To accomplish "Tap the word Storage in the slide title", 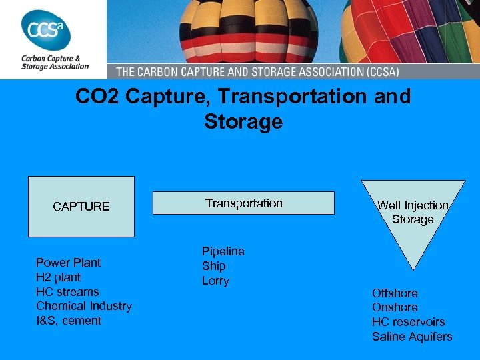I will (243, 122).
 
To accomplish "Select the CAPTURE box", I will (81, 207).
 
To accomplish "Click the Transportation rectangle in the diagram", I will (243, 203).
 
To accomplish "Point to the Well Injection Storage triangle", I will (413, 213).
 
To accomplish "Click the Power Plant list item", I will (68, 263).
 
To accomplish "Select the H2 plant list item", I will (58, 277).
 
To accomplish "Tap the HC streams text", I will (67, 292).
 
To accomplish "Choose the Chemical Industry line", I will (84, 306).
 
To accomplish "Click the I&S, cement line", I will (69, 321).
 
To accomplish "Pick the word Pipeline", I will (223, 251).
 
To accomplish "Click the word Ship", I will (214, 266).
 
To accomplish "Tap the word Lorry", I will (215, 281).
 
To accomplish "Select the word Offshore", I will (395, 293).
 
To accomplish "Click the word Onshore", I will (395, 307).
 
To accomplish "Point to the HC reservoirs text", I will (408, 322).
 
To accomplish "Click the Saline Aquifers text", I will (412, 337).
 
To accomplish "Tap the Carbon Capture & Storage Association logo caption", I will (55, 62).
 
